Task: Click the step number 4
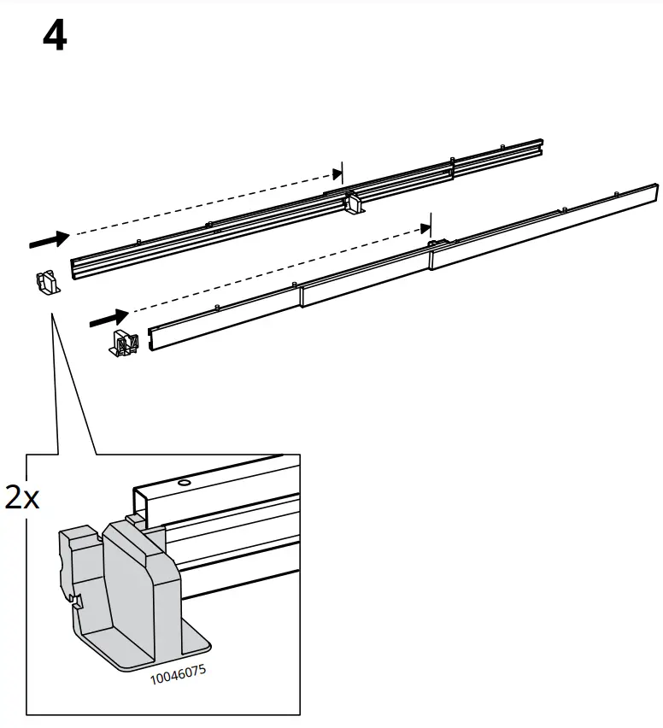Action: click(55, 37)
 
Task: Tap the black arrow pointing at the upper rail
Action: click(49, 240)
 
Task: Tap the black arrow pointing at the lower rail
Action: click(108, 318)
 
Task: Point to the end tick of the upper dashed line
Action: click(341, 172)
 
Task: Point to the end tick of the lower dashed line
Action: click(430, 226)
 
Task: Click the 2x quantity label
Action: click(21, 498)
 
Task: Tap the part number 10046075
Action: click(178, 675)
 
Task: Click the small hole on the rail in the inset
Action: click(182, 483)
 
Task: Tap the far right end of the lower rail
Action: click(654, 192)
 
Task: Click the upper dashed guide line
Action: click(205, 203)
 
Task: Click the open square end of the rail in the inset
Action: click(145, 504)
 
